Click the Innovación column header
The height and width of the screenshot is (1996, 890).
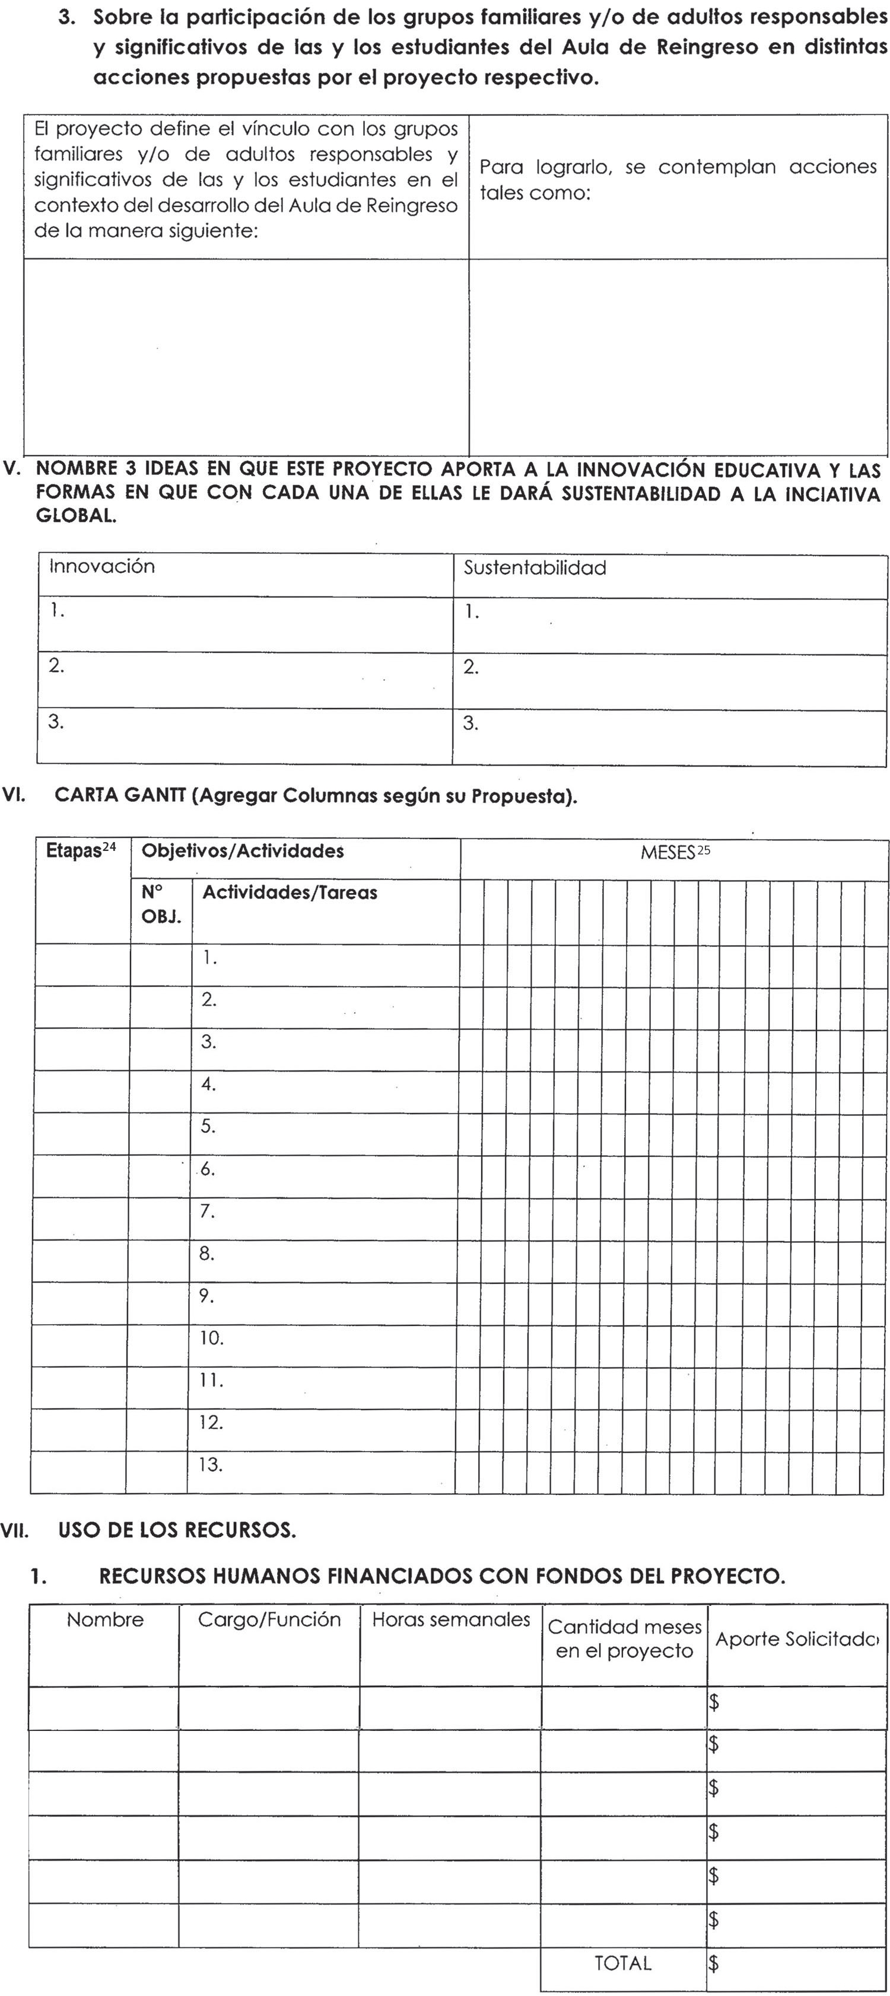click(x=102, y=566)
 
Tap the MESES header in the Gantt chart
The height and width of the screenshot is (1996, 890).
click(x=667, y=853)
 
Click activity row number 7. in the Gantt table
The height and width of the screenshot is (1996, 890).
click(x=207, y=1211)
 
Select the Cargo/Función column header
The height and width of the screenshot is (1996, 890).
click(x=269, y=1619)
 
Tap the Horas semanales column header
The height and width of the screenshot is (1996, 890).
click(x=450, y=1619)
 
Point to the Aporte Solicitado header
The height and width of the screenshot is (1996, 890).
click(x=796, y=1639)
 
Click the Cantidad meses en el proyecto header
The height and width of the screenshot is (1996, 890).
click(x=624, y=1638)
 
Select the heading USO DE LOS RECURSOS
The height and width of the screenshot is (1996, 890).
click(x=176, y=1531)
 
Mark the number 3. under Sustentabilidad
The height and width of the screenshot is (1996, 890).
click(x=471, y=723)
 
